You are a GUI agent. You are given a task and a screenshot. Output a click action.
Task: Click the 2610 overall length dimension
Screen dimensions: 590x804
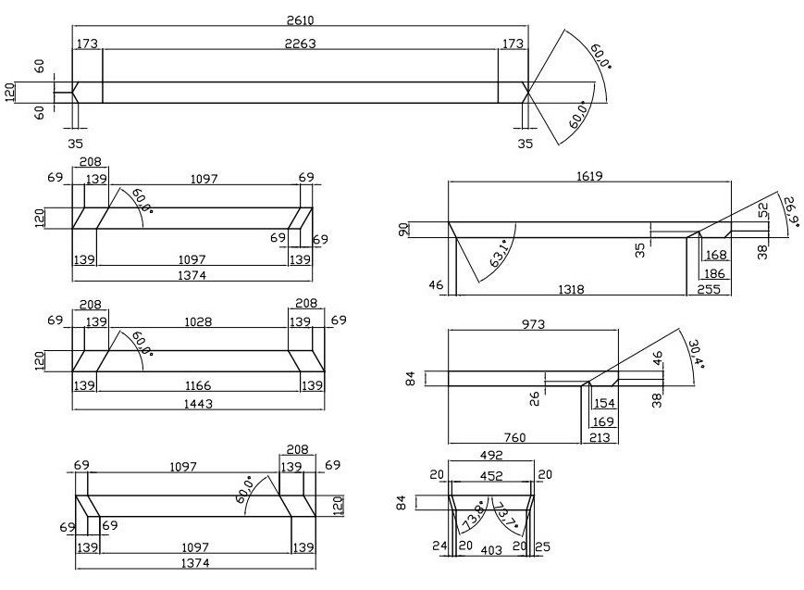pos(301,19)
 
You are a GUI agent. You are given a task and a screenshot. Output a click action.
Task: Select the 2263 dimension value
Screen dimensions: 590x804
pos(301,43)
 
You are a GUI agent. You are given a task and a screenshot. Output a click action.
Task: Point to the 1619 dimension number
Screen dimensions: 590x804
pos(589,175)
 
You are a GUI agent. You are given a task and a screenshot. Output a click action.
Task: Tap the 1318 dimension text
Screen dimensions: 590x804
pos(572,289)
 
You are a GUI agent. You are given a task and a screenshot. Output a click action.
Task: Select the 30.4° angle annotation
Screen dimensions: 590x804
pos(695,353)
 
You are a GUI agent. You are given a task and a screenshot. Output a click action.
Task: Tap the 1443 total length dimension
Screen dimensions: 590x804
pos(198,403)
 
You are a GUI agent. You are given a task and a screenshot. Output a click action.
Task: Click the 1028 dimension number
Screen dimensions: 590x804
pos(198,321)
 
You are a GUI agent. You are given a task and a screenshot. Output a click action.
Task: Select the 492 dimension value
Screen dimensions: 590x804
pos(489,454)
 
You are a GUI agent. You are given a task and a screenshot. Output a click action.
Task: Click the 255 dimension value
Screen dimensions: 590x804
pos(709,289)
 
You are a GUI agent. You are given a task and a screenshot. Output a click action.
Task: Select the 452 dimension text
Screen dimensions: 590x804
pos(489,476)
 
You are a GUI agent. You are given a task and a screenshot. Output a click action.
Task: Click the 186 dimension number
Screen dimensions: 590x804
pos(714,274)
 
